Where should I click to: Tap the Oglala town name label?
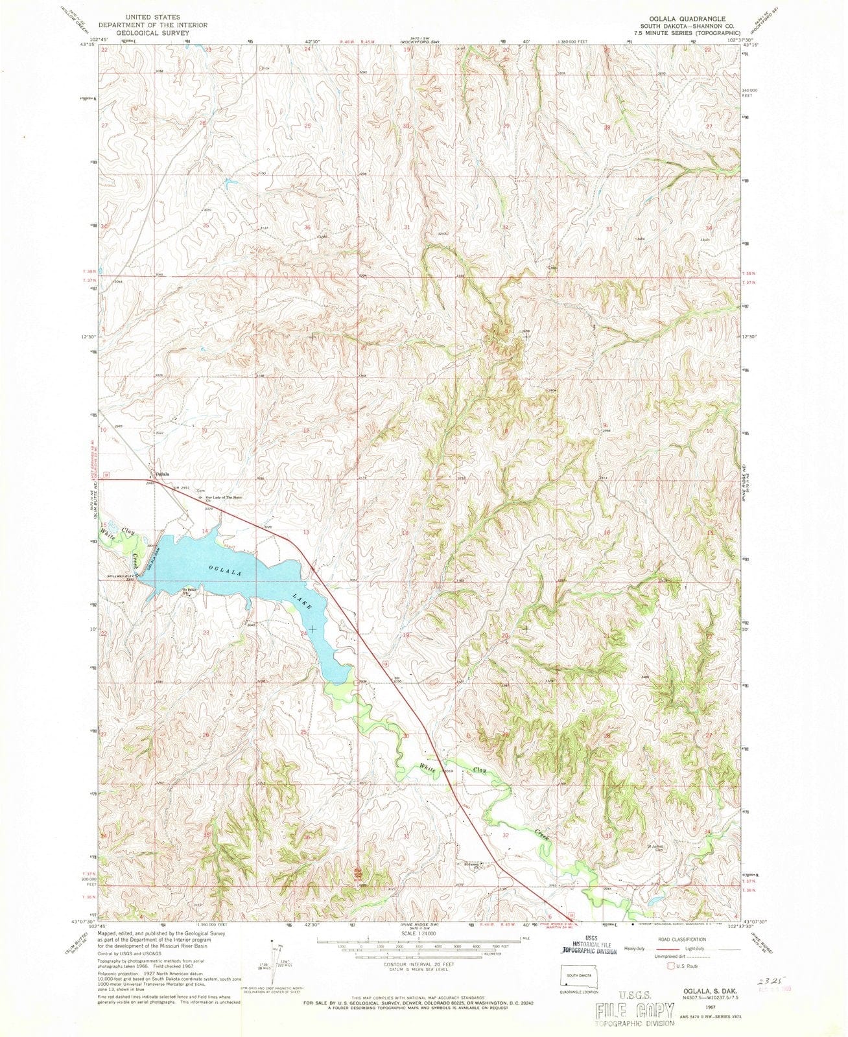pos(161,474)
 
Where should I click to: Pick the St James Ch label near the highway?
pos(474,864)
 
